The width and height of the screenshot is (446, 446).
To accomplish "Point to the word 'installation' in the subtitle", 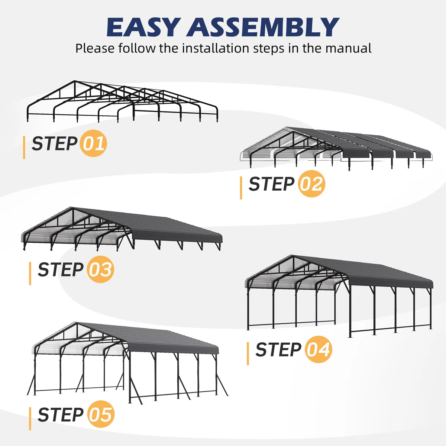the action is (x=216, y=48).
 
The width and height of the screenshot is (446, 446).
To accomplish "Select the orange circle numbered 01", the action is (x=93, y=143).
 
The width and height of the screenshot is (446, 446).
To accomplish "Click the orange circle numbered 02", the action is (x=311, y=184).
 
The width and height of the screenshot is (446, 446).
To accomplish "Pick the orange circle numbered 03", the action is (x=100, y=269).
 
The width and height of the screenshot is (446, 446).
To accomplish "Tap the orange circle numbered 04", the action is (x=319, y=349).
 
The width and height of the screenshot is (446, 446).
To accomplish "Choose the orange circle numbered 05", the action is (x=101, y=414).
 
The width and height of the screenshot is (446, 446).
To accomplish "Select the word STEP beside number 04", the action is (x=279, y=349).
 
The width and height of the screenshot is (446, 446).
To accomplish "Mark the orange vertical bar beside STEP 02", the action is (x=241, y=188).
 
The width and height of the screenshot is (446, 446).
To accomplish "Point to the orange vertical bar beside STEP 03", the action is (x=30, y=274).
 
